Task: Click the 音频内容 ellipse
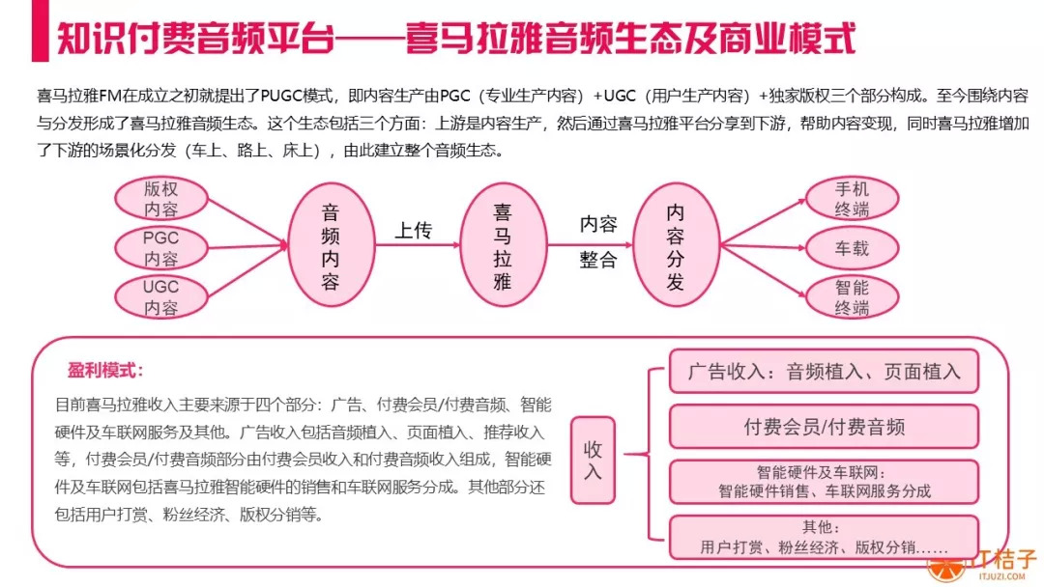(331, 246)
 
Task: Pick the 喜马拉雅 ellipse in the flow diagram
(502, 246)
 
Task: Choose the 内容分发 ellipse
(675, 246)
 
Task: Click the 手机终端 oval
(852, 199)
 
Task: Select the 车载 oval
(852, 248)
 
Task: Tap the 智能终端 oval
(852, 297)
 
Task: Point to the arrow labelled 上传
(414, 248)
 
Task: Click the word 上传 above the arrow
(414, 231)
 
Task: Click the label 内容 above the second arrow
(598, 224)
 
